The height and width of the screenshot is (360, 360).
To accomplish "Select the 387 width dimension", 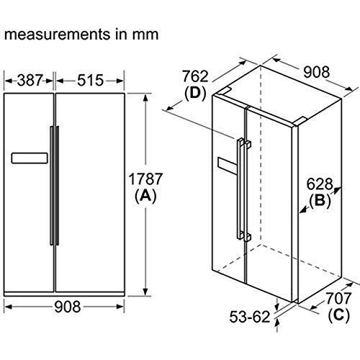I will point(30,79).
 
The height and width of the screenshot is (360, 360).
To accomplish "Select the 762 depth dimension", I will point(195,76).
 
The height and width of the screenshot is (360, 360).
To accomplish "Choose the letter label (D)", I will point(195,93).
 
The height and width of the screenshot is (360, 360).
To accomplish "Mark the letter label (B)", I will point(323,201).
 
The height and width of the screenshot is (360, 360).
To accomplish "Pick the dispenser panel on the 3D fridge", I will point(228,167).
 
